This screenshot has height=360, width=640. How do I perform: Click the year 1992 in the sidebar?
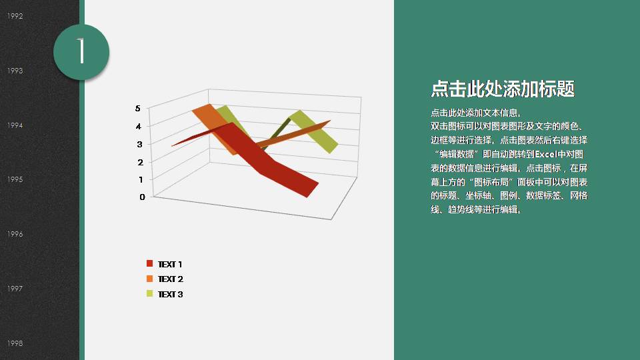[15, 16]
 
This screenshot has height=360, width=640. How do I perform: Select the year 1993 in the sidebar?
[15, 71]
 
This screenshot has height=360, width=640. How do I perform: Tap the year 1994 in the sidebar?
[15, 125]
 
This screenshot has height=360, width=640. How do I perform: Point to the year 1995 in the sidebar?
[15, 179]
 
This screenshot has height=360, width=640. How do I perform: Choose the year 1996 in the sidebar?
[15, 234]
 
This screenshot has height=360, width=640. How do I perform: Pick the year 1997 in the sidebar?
[15, 289]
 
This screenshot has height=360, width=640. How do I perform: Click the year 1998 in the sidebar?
[15, 343]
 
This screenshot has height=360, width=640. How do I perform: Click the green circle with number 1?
[81, 51]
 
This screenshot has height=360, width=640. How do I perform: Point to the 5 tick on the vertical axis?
[138, 108]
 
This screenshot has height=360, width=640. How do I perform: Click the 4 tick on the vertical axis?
[139, 126]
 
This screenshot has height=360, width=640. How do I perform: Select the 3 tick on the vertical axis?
[140, 144]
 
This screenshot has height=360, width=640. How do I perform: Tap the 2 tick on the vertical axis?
[141, 162]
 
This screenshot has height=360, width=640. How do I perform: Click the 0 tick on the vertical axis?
[143, 197]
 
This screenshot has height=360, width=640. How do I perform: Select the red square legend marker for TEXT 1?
[149, 264]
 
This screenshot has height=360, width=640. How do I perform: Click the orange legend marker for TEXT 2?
[149, 279]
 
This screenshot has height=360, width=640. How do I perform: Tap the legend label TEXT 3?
[170, 294]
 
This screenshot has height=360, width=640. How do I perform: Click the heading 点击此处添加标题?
[503, 89]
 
